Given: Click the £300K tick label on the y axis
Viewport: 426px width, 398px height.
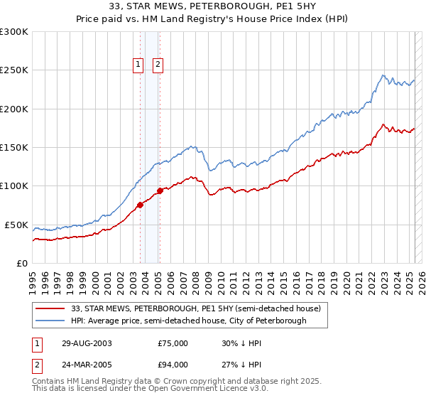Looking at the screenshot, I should click(14, 32).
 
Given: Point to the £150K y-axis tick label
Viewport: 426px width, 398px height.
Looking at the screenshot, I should click(14, 148).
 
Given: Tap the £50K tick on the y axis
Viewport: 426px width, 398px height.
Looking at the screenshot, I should click(16, 225).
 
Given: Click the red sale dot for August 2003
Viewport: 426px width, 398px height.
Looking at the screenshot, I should click(140, 205).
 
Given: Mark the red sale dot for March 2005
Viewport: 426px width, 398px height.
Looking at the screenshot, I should click(160, 190).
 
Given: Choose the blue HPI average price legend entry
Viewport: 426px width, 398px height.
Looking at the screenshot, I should click(188, 321).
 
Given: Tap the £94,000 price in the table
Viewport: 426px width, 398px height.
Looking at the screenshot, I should click(173, 365).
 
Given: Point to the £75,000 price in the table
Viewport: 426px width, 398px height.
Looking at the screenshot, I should click(173, 343).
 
